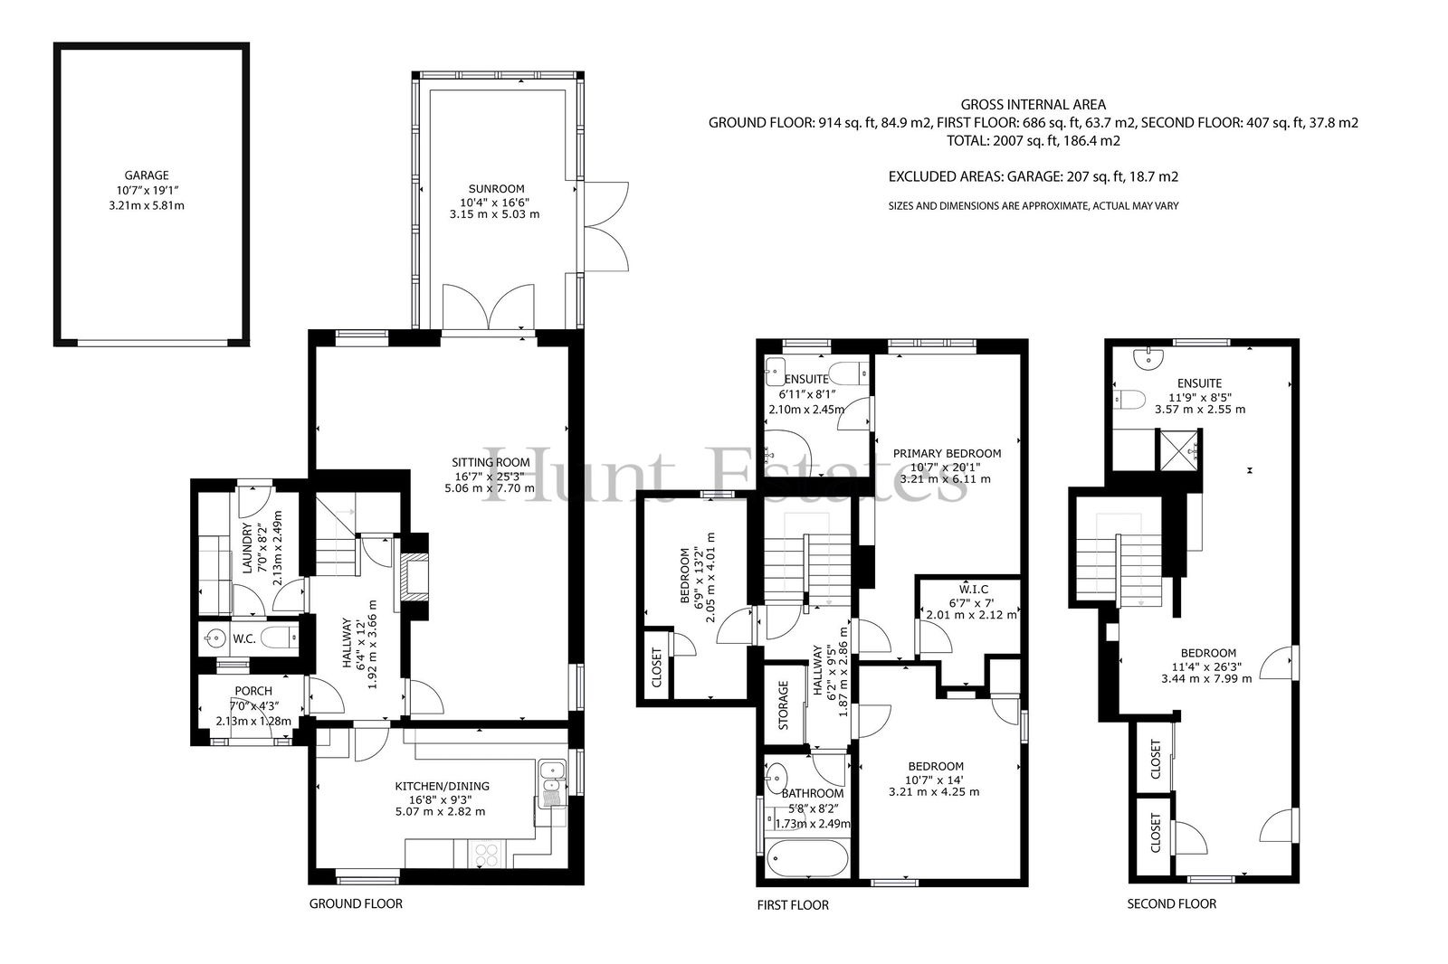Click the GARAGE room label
point(147,175)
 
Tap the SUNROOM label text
point(496,189)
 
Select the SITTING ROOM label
point(491,462)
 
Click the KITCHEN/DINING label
point(443,787)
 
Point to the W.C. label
point(244,639)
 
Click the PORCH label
point(253,691)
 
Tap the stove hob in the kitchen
point(486,855)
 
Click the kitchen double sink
point(551,778)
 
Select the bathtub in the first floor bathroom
point(806,859)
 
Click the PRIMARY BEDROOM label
point(947,454)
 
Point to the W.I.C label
point(973,590)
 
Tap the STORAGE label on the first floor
point(784,704)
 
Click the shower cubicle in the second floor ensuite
point(1178,450)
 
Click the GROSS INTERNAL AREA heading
point(1033,105)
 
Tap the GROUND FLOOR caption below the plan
point(356,904)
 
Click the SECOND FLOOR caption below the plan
point(1171,904)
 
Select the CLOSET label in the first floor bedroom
point(657,667)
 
